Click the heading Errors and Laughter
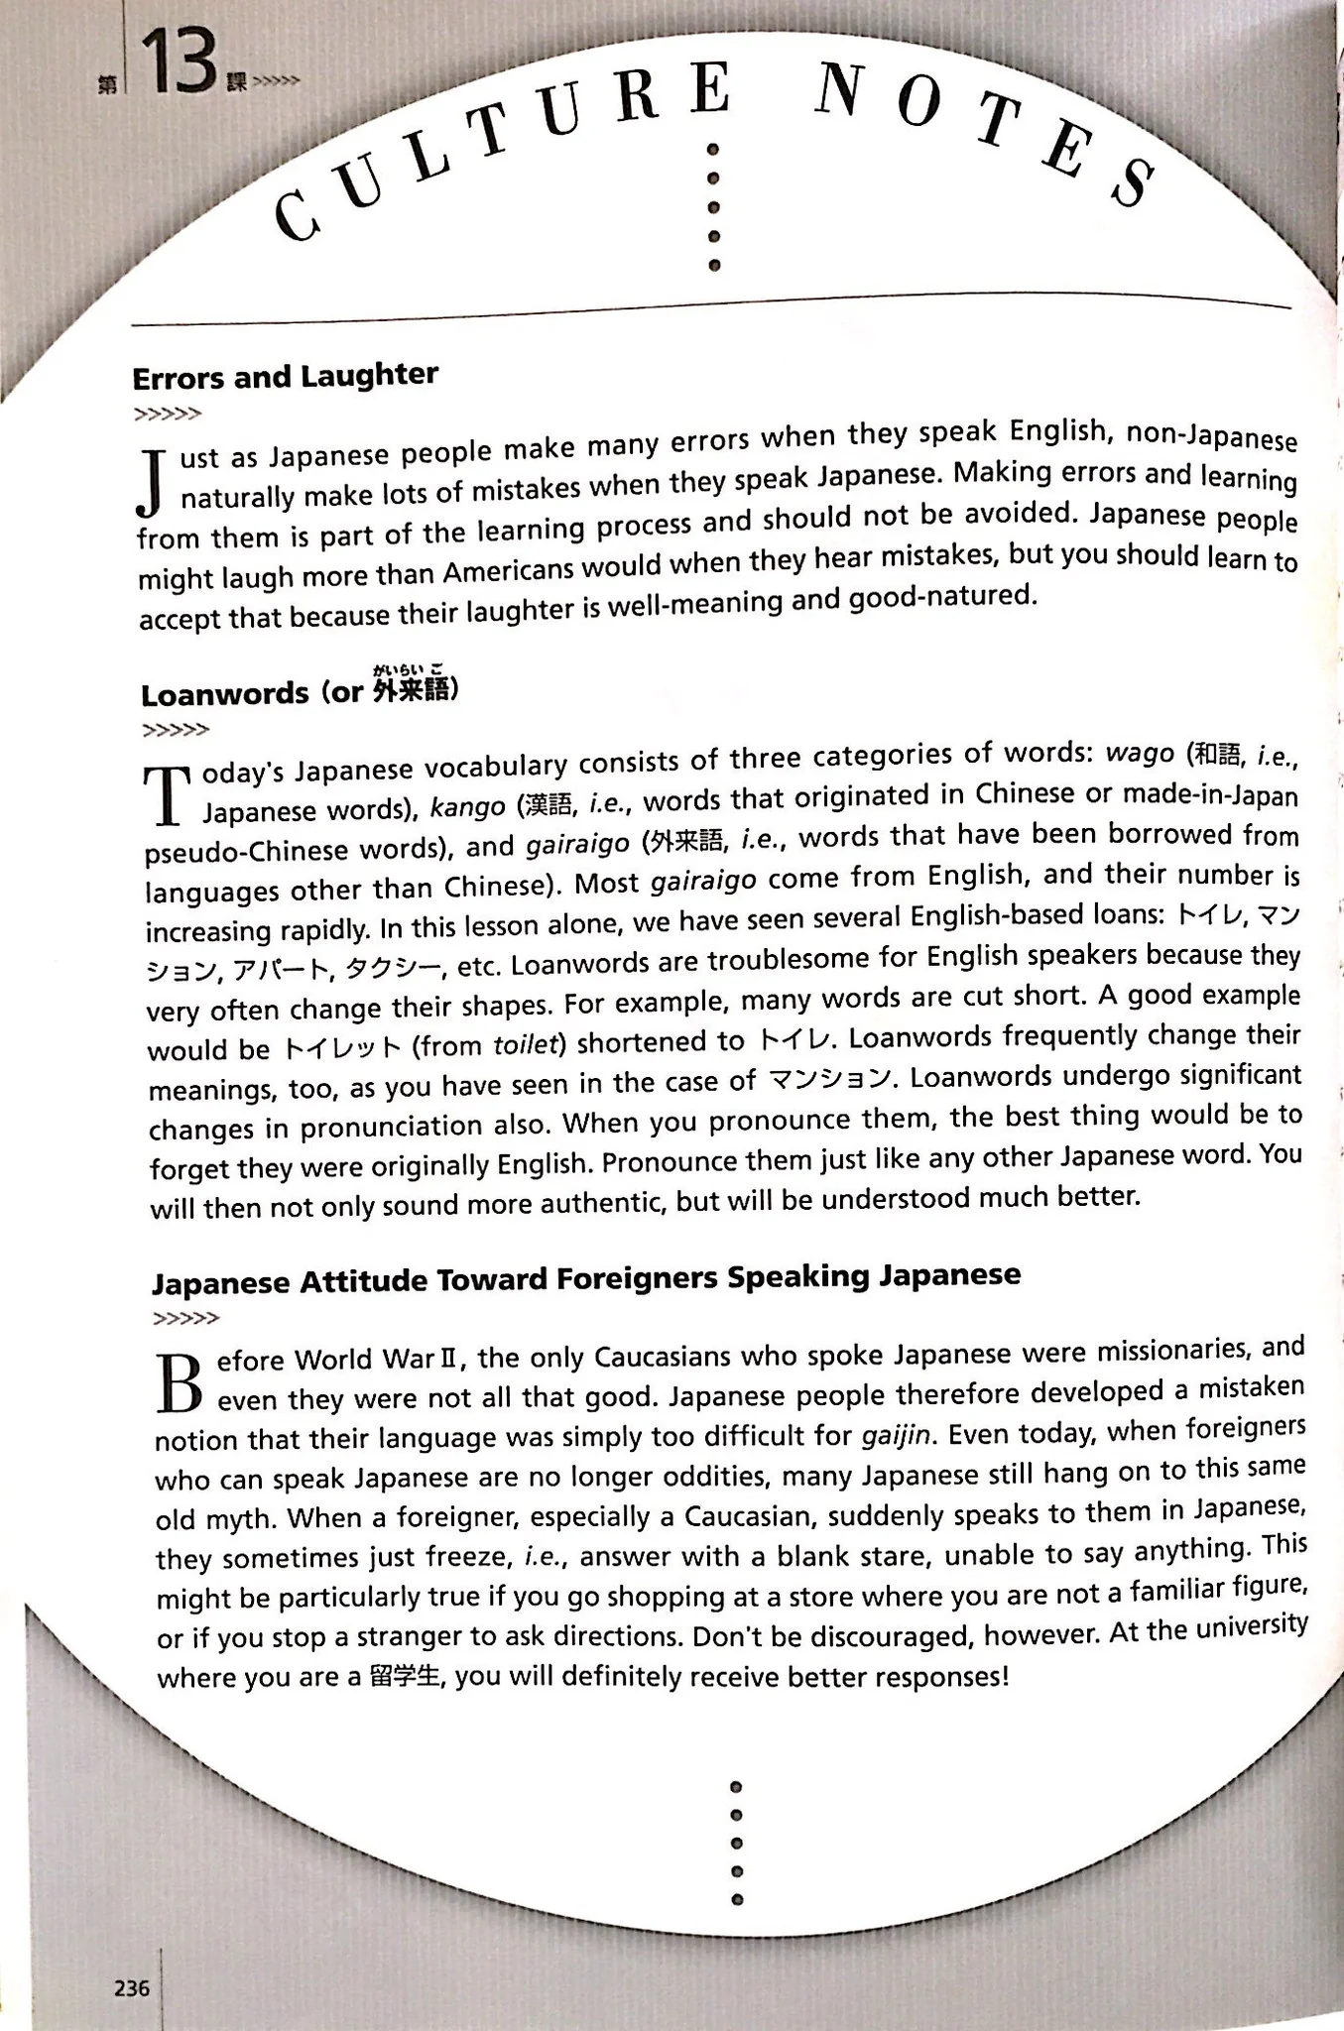285,376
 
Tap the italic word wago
1139,753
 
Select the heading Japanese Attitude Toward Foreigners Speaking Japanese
585,1277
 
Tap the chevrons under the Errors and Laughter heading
167,414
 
